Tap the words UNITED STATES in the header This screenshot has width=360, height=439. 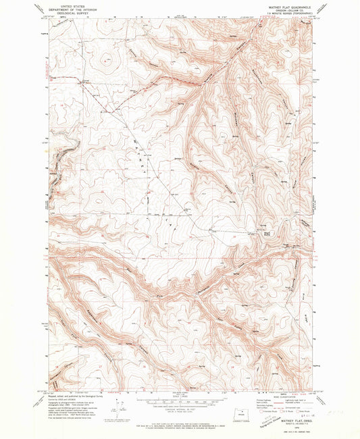pos(70,5)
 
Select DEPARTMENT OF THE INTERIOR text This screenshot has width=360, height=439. pos(70,9)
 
